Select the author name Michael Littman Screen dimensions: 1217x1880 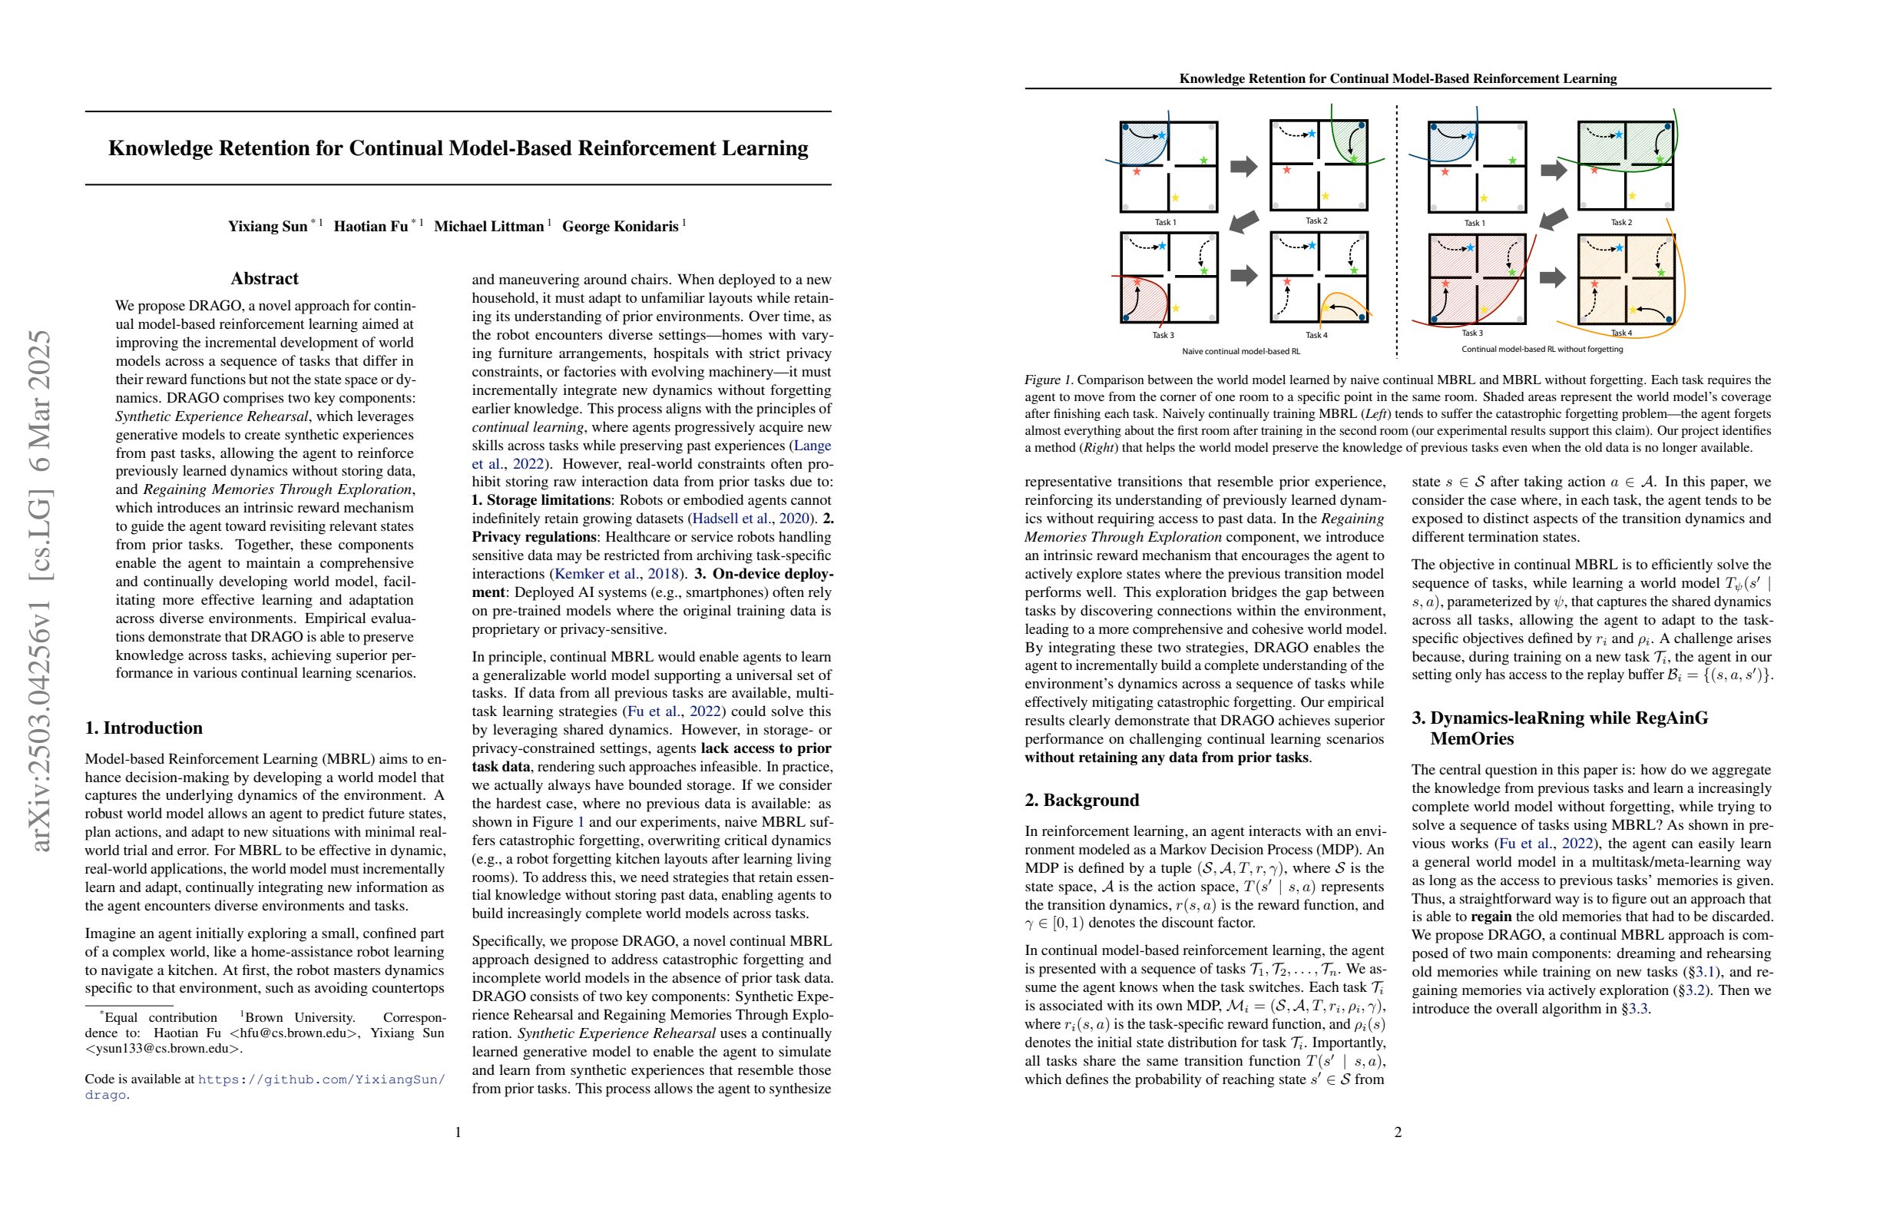pyautogui.click(x=489, y=227)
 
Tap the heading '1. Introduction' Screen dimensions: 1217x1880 pyautogui.click(x=144, y=728)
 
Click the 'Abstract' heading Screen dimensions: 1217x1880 pyautogui.click(x=265, y=278)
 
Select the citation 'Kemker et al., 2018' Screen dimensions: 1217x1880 pyautogui.click(x=617, y=574)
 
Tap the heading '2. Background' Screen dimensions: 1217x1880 pyautogui.click(x=1081, y=800)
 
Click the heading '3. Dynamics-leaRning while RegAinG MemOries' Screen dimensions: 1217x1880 pyautogui.click(x=1559, y=728)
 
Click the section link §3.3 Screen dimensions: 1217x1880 pyautogui.click(x=1634, y=1008)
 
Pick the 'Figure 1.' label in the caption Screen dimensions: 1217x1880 pyautogui.click(x=1049, y=380)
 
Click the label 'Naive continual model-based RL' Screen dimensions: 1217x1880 pyautogui.click(x=1240, y=351)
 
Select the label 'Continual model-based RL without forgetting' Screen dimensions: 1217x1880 pyautogui.click(x=1542, y=349)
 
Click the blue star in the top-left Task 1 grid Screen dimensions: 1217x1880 pyautogui.click(x=1162, y=136)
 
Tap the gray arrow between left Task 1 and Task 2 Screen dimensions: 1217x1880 pyautogui.click(x=1243, y=167)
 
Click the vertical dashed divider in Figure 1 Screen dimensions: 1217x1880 pyautogui.click(x=1397, y=229)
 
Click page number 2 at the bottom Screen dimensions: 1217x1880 pyautogui.click(x=1398, y=1132)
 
